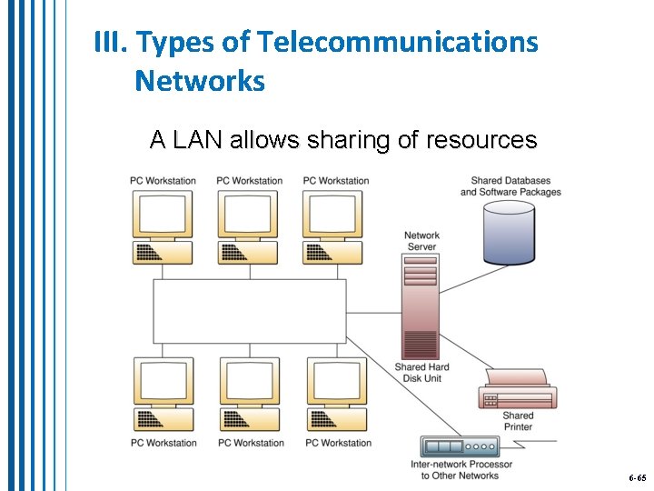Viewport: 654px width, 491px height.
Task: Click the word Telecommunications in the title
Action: (398, 42)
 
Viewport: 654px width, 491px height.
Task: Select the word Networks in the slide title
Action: (200, 82)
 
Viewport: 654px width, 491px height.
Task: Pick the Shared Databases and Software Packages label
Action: (510, 186)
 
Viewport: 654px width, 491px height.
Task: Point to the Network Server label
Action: (421, 241)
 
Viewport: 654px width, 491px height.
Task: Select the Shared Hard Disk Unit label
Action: (421, 373)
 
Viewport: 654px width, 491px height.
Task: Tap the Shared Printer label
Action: (518, 421)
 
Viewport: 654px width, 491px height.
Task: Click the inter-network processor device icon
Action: (461, 446)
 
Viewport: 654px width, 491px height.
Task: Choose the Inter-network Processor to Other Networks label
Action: (461, 470)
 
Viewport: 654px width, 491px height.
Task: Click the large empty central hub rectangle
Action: (249, 311)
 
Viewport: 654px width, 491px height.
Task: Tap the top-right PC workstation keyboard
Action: (333, 252)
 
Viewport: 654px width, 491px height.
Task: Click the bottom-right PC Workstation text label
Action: (338, 443)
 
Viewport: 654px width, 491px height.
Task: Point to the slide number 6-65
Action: (637, 477)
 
